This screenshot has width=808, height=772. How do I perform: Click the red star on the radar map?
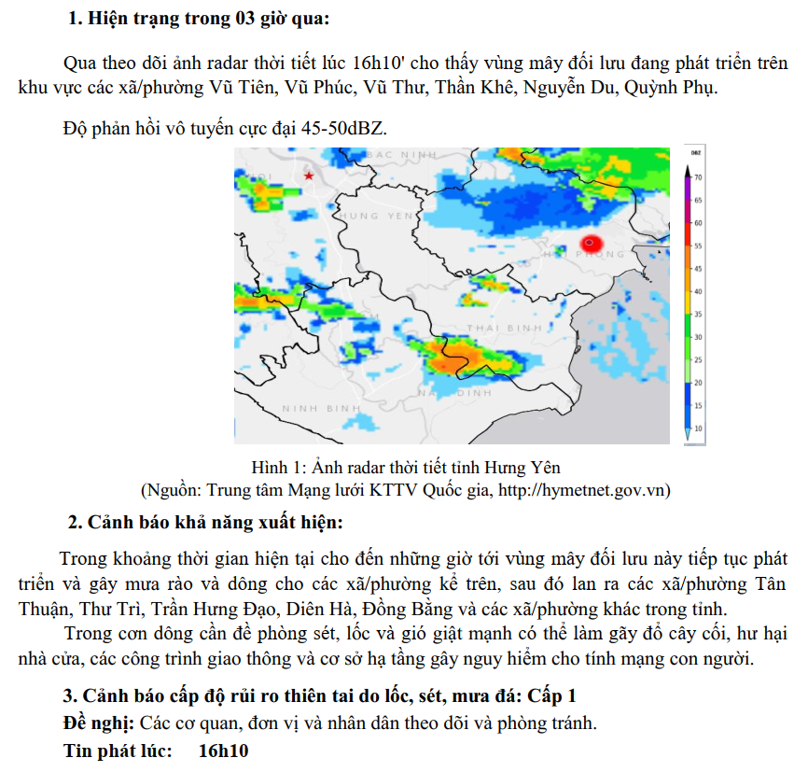point(309,175)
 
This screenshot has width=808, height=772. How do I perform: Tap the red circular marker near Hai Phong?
point(589,243)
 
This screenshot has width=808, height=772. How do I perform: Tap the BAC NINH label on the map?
point(403,153)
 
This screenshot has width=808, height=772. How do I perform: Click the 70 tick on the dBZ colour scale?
point(697,177)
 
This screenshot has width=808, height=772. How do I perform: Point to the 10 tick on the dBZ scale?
point(697,428)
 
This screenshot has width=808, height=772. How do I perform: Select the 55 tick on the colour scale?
point(697,246)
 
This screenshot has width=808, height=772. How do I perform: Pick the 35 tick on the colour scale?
point(697,315)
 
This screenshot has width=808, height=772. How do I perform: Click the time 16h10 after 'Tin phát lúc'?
point(224,751)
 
